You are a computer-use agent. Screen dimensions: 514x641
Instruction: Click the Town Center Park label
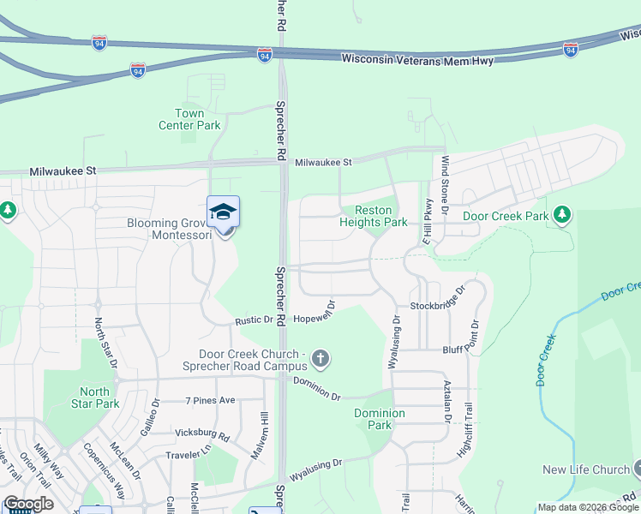189,119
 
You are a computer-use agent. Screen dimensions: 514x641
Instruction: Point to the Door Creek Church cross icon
320,358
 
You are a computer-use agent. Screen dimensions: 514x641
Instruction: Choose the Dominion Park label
380,419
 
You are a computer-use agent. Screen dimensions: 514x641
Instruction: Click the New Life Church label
586,469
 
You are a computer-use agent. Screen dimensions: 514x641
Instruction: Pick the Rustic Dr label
254,321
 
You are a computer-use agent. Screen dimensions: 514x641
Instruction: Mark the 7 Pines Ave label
210,400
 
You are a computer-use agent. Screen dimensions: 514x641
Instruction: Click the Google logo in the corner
28,504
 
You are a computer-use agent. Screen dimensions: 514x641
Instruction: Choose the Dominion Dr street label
317,389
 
